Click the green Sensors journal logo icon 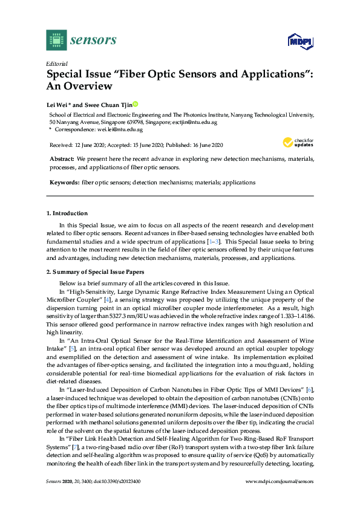point(56,40)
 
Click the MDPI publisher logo point(300,41)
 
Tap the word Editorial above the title point(56,63)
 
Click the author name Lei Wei point(59,104)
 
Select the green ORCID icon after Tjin point(136,104)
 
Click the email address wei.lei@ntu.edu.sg point(121,129)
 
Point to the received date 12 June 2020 point(90,145)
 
